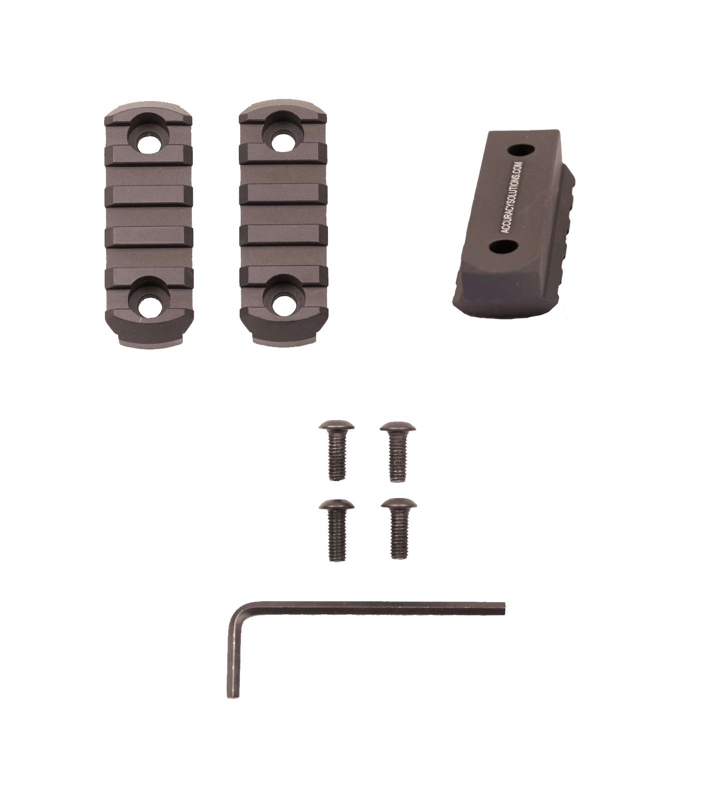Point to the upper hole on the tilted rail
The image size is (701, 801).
click(x=520, y=150)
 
